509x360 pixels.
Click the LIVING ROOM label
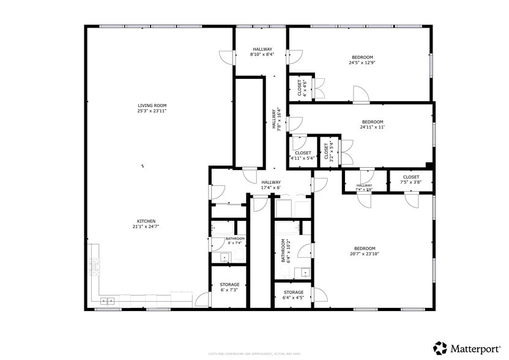pyautogui.click(x=152, y=108)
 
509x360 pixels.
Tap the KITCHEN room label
pyautogui.click(x=146, y=223)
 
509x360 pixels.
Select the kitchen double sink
pyautogui.click(x=108, y=300)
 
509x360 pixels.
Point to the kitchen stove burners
pyautogui.click(x=94, y=265)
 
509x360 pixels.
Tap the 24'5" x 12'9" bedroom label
pyautogui.click(x=361, y=60)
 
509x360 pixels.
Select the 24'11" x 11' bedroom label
pyautogui.click(x=372, y=124)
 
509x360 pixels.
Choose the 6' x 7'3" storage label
pyautogui.click(x=229, y=287)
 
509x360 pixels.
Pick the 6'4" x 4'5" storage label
pyautogui.click(x=293, y=295)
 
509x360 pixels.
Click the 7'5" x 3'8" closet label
pyautogui.click(x=411, y=179)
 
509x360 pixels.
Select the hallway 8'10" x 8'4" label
pyautogui.click(x=261, y=52)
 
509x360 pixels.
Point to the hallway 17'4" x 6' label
pyautogui.click(x=271, y=184)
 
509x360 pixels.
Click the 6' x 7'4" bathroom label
pyautogui.click(x=235, y=241)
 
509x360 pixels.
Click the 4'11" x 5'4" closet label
pyautogui.click(x=302, y=156)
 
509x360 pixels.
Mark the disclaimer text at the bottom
pyautogui.click(x=254, y=353)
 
